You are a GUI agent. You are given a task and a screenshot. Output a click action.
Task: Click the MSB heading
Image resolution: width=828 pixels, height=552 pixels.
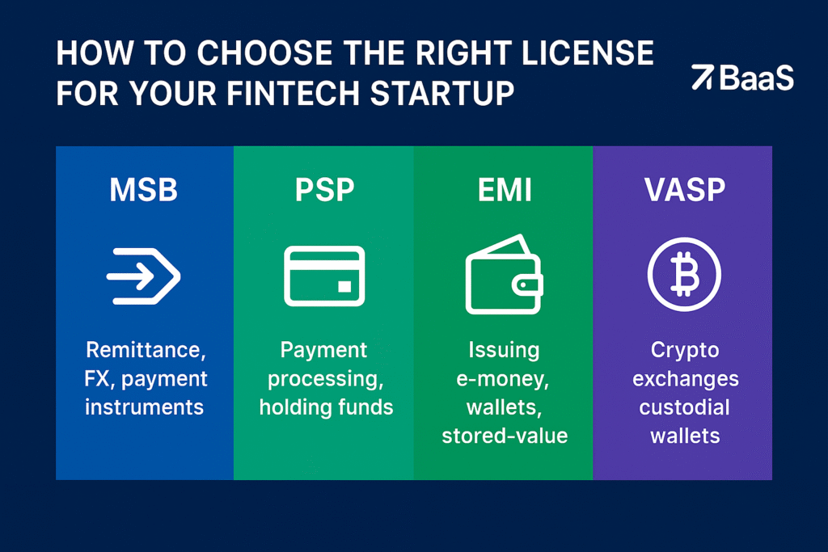[x=143, y=192]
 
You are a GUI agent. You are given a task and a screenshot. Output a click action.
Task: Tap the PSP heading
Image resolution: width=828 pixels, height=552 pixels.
[x=323, y=192]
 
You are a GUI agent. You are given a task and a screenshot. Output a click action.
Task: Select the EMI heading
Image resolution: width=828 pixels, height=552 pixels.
[x=504, y=192]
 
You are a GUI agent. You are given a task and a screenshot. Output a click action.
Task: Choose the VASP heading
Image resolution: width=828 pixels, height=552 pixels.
[x=684, y=192]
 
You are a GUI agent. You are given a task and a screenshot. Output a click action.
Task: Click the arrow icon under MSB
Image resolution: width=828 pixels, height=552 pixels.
[x=143, y=276]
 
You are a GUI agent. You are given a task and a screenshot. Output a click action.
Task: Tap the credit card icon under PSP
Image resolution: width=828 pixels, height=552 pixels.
[x=323, y=276]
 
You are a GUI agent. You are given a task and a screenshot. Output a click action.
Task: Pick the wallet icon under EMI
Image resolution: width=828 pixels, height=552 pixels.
[x=503, y=276]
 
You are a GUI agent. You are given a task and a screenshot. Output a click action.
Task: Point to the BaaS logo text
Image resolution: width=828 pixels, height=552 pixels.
[x=756, y=78]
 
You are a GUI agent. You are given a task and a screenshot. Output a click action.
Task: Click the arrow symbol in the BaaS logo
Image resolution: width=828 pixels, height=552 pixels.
[x=702, y=78]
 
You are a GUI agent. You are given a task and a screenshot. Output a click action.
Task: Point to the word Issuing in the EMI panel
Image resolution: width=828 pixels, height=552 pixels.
[x=504, y=350]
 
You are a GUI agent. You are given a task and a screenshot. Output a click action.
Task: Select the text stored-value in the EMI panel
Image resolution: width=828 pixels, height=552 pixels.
[x=505, y=436]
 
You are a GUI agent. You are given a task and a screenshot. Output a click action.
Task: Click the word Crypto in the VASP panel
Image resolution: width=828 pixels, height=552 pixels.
[x=684, y=350]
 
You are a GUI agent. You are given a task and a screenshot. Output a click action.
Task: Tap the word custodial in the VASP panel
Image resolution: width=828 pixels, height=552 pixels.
[x=684, y=407]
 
